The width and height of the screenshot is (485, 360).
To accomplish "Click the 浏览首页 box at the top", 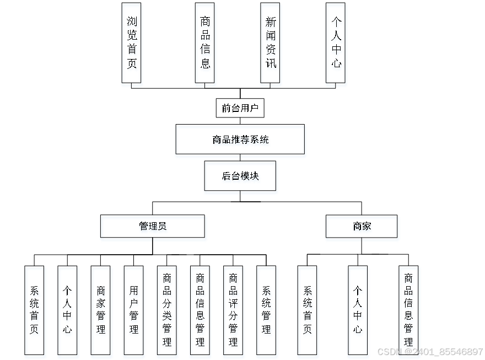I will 131,42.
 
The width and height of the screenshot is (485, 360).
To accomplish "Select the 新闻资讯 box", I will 270,42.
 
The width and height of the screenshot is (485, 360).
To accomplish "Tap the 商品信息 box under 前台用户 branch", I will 204,42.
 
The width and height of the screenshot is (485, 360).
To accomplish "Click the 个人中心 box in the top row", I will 336,42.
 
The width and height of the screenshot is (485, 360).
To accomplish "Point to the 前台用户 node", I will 240,108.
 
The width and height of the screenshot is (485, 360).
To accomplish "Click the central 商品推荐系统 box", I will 240,139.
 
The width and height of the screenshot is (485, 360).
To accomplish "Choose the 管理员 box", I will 152,226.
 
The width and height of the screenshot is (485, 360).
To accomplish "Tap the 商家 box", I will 361,226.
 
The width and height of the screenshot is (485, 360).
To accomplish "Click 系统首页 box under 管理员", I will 34,310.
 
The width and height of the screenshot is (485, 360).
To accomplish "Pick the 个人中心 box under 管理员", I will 67,310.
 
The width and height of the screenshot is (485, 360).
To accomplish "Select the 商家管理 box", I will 100,310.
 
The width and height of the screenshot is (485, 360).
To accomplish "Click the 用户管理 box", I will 133,310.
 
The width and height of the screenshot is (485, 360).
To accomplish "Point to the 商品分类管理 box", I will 166,310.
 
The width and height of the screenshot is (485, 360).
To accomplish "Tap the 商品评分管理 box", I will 233,310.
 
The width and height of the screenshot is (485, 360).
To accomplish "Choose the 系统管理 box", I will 266,310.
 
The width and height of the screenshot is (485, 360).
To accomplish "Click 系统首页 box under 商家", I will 307,310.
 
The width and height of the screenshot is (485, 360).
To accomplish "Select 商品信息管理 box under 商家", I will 408,310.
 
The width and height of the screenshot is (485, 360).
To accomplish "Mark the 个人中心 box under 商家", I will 358,310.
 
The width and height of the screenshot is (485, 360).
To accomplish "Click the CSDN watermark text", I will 428,352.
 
